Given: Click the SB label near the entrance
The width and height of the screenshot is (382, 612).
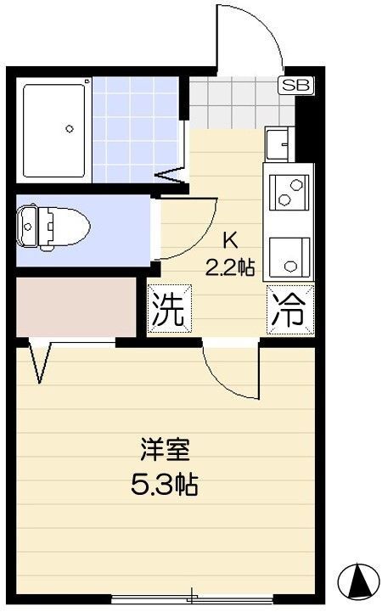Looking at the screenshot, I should (295, 84).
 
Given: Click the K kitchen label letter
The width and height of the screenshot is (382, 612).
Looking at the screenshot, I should (229, 239).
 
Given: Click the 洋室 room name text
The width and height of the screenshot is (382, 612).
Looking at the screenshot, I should (165, 448).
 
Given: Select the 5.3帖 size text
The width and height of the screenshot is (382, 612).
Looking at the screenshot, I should (165, 486).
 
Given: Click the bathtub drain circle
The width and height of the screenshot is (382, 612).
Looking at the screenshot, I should (70, 130).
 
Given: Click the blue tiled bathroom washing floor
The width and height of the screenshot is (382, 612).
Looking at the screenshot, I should (136, 127).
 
